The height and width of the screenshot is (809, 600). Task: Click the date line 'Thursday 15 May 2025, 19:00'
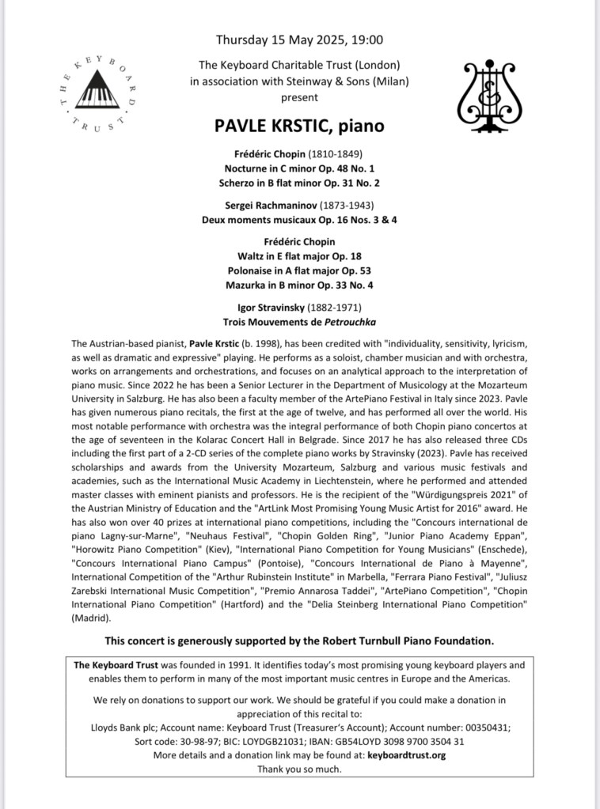(x=299, y=40)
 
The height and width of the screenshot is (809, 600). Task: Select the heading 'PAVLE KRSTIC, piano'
(x=299, y=126)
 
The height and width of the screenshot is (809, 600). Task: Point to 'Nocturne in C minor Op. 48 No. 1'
(x=299, y=168)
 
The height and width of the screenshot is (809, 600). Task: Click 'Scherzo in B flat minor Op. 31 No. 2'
(x=299, y=183)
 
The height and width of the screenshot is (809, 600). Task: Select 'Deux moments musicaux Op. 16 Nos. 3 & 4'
(x=299, y=219)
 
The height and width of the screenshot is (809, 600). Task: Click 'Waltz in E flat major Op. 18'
(x=299, y=256)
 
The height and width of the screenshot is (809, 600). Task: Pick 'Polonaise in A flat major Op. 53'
(x=299, y=270)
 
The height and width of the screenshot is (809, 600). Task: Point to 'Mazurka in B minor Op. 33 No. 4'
(x=299, y=285)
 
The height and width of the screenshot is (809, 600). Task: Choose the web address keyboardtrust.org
(x=407, y=755)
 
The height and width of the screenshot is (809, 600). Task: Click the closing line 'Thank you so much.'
(x=299, y=769)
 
